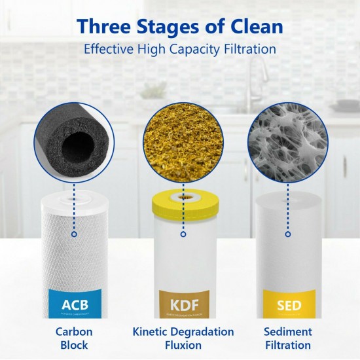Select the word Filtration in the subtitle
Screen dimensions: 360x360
pos(247,49)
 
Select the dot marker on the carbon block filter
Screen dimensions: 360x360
pos(74,234)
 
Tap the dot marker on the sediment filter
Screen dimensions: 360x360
pos(286,234)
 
